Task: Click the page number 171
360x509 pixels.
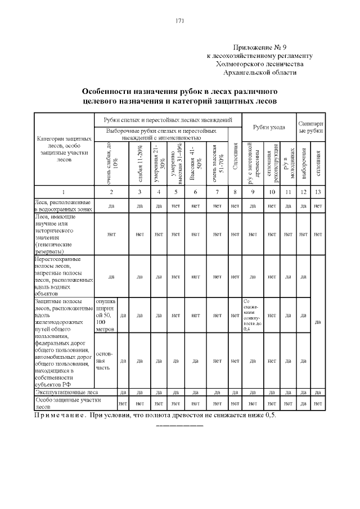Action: [180, 21]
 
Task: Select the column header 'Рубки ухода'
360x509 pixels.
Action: [268, 127]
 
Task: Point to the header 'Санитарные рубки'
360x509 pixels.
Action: [310, 127]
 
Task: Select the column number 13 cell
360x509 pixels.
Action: [318, 192]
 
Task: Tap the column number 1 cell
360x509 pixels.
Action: [64, 192]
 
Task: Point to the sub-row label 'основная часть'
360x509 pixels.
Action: [105, 361]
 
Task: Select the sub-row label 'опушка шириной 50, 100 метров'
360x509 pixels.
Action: [105, 314]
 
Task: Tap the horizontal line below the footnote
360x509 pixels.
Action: [179, 426]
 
